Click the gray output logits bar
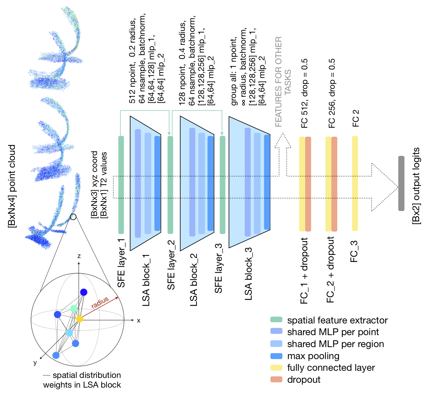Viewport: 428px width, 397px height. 401,183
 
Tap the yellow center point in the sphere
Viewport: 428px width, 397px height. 80,319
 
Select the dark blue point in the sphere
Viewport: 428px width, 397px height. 84,292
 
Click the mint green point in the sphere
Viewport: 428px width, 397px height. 74,308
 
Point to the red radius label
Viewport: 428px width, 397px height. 100,302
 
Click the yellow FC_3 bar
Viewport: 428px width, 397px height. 355,183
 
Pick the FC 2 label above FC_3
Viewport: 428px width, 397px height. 356,118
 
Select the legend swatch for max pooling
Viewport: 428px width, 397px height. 276,356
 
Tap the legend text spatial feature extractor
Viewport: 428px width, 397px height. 337,320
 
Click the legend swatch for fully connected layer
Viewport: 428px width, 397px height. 276,368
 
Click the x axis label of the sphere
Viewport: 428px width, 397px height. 139,321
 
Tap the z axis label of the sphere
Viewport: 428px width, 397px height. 79,256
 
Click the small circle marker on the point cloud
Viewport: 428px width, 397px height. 73,217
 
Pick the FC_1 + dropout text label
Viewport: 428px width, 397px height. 304,271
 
